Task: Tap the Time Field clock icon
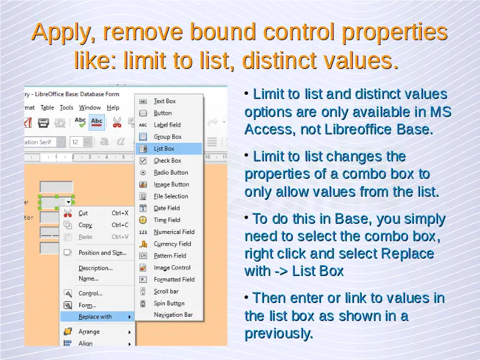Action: click(x=143, y=220)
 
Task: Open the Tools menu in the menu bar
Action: click(x=67, y=107)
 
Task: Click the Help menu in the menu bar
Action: click(x=113, y=107)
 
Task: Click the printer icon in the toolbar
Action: click(x=43, y=123)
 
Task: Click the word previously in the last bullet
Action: click(x=279, y=334)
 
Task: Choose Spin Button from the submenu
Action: click(x=169, y=304)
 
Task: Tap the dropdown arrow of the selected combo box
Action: click(x=68, y=202)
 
